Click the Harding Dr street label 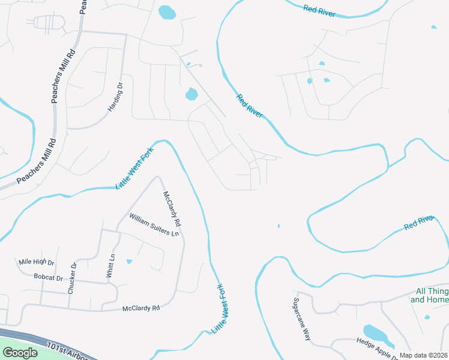click(x=115, y=97)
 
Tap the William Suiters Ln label click(x=154, y=224)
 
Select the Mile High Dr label click(x=37, y=263)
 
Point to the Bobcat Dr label click(x=49, y=278)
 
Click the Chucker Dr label click(x=72, y=278)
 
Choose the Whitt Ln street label click(x=110, y=265)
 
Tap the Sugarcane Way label click(x=301, y=319)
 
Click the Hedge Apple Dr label click(x=378, y=344)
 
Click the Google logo click(x=20, y=353)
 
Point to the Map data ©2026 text click(x=423, y=355)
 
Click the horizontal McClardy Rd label click(x=141, y=308)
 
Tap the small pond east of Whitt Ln click(x=129, y=262)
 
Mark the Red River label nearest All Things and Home click(x=418, y=224)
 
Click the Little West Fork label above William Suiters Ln click(x=135, y=169)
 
